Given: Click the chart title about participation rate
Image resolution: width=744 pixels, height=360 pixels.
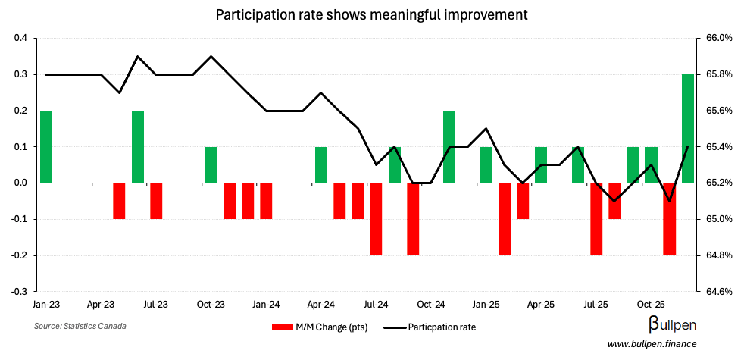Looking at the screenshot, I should coord(371,14).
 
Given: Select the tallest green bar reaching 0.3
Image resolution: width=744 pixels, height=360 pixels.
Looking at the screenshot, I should coord(688,129).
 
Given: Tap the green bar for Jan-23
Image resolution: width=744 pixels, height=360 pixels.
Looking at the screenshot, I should coord(46,147).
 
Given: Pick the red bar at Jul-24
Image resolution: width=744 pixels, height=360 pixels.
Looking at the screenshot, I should coord(376,219).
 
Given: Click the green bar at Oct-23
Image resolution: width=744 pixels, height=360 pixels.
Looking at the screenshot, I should coord(211,165).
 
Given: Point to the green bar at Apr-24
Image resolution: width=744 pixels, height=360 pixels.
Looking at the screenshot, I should coord(321,165).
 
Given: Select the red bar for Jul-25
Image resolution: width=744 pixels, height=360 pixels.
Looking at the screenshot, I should coord(596,219).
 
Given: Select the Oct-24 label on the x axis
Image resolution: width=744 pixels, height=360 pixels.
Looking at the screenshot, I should coord(431,305).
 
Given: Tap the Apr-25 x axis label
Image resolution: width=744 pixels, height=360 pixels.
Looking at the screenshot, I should coord(541,305).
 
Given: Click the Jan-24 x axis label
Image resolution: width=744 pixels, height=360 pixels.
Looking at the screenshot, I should coord(266,305).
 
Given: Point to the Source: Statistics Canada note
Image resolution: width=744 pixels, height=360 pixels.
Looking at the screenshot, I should coord(80,326).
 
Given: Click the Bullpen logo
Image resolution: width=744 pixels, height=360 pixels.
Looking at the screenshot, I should coord(673,326).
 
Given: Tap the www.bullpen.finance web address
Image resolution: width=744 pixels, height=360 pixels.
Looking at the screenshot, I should coord(652,344).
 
